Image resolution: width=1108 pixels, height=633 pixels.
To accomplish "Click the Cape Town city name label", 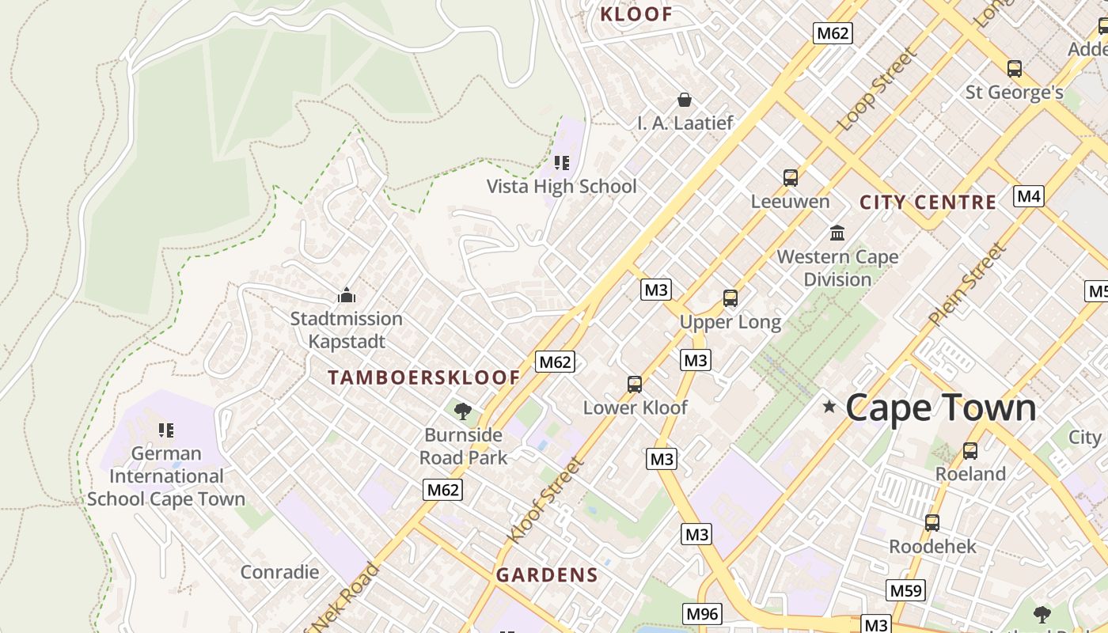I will point(940,408).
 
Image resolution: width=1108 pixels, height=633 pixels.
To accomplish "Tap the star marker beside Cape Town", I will point(829,407).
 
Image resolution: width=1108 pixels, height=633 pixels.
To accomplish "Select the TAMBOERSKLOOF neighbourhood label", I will point(423,378).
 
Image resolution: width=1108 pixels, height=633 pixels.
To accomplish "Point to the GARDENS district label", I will point(547,575).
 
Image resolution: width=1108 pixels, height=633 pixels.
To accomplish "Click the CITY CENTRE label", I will point(928,203).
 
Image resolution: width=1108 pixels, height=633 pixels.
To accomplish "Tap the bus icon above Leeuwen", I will point(790,178).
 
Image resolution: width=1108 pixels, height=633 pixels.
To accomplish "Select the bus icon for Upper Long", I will point(730,298).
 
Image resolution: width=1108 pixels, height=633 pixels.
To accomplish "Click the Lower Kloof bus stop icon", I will point(634,385).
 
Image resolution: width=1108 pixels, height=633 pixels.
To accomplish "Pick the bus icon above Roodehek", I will point(932,523).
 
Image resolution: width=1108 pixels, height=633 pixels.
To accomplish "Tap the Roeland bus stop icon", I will point(970,451).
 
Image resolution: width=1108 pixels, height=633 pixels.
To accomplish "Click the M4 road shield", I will point(1028,196).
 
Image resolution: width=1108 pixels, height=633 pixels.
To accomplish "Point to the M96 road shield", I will point(702,613).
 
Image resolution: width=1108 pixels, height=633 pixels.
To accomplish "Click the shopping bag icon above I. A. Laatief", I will point(685,100).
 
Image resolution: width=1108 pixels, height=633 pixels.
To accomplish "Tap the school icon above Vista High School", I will point(562,163).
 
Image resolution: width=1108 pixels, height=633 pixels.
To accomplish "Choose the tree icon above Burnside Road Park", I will point(463,411).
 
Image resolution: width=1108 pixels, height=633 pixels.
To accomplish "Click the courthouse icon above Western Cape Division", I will point(837,233).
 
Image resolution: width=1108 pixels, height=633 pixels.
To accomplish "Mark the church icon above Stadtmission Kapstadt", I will point(346,296).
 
